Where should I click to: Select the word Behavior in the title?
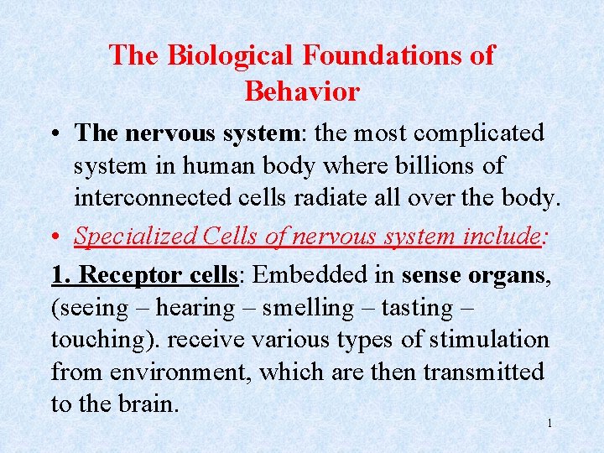click(302, 91)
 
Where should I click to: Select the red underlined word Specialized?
click(135, 236)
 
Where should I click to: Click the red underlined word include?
click(502, 236)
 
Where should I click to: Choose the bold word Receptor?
click(129, 274)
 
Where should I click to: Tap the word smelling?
click(308, 308)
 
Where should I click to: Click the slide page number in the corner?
click(549, 424)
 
